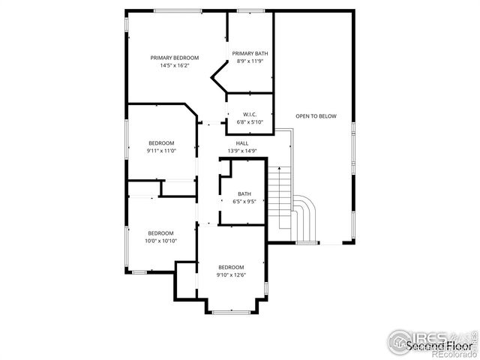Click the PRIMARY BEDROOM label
pyautogui.click(x=174, y=58)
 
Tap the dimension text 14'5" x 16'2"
pyautogui.click(x=174, y=66)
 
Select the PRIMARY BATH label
pyautogui.click(x=250, y=53)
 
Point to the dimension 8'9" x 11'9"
pyautogui.click(x=250, y=61)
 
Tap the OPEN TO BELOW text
pyautogui.click(x=316, y=116)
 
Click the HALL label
pyautogui.click(x=242, y=143)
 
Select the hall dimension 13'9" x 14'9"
pyautogui.click(x=242, y=151)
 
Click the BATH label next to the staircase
pyautogui.click(x=244, y=193)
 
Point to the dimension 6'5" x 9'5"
pyautogui.click(x=244, y=201)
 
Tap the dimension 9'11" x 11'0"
pyautogui.click(x=161, y=151)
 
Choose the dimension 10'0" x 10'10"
pyautogui.click(x=160, y=241)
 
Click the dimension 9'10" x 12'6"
pyautogui.click(x=231, y=275)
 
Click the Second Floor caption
pyautogui.click(x=439, y=346)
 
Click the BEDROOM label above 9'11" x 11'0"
pyautogui.click(x=161, y=143)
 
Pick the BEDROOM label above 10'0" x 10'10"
pyautogui.click(x=160, y=232)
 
